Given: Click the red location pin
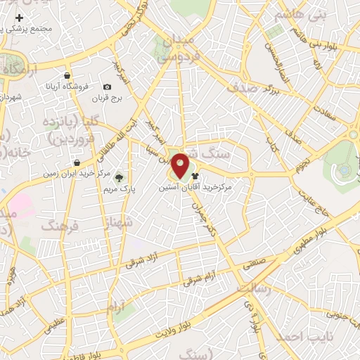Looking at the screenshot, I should coord(181,165).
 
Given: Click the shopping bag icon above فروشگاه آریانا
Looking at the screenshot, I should coord(67,75).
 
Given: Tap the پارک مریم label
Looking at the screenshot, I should coord(117,189).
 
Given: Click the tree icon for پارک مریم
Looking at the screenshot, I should coord(118,177).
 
